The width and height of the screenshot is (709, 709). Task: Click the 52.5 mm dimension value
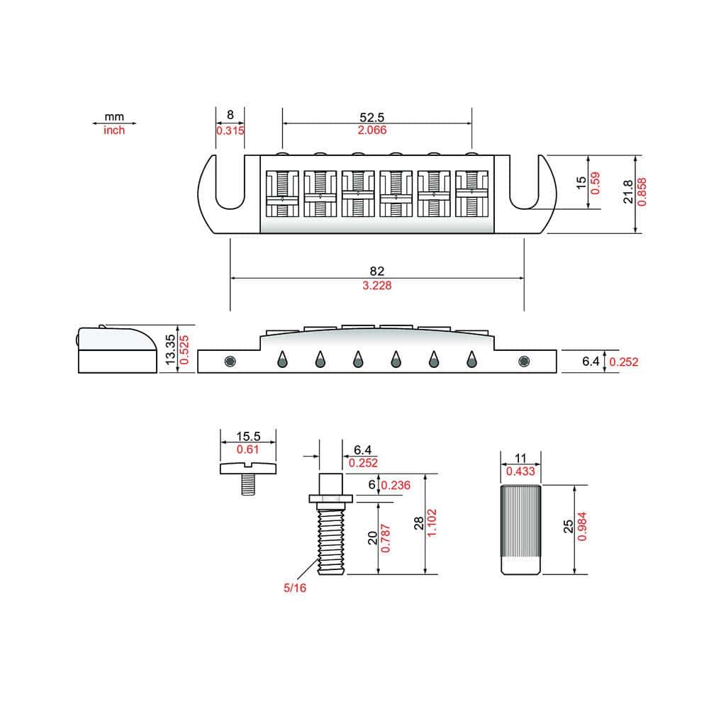tap(372, 117)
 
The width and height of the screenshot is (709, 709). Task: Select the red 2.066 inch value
tap(372, 130)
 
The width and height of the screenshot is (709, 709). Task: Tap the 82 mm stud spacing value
tap(376, 271)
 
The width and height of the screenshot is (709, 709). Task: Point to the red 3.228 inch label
tap(377, 285)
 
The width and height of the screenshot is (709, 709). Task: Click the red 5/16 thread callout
tap(295, 588)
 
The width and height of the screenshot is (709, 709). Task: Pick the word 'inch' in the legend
tap(114, 130)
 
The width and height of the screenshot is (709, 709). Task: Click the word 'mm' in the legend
tap(114, 117)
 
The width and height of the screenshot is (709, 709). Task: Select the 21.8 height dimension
tap(627, 191)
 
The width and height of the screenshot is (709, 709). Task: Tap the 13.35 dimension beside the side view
tap(170, 350)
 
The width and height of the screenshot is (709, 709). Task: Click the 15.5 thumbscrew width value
tap(248, 436)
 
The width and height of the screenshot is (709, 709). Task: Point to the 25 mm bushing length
tap(568, 526)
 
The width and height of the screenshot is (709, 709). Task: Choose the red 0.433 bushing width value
tap(520, 471)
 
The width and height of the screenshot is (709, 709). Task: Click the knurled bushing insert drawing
tap(521, 530)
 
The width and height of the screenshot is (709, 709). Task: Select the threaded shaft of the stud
tap(331, 541)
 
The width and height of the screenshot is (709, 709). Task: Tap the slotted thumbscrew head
tap(247, 468)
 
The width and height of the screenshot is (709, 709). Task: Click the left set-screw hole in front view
tap(230, 362)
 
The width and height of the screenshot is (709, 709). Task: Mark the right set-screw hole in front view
tap(524, 362)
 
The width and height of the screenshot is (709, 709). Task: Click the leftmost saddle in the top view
tap(282, 194)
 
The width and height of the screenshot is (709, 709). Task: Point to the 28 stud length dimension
tap(419, 523)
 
